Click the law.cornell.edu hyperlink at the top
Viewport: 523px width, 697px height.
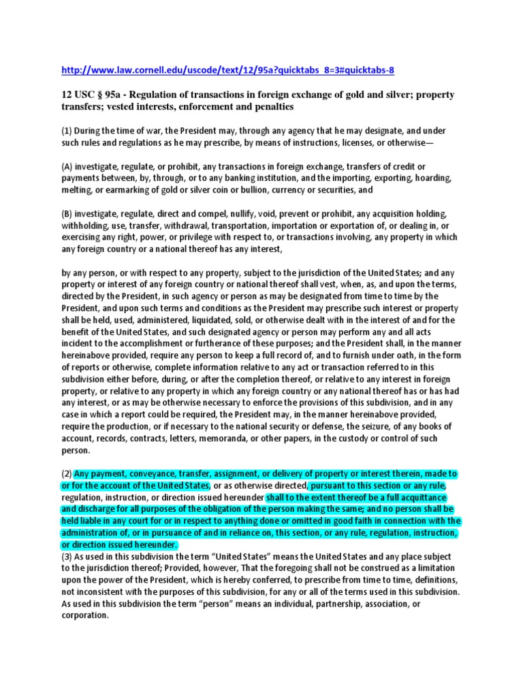(x=227, y=69)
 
